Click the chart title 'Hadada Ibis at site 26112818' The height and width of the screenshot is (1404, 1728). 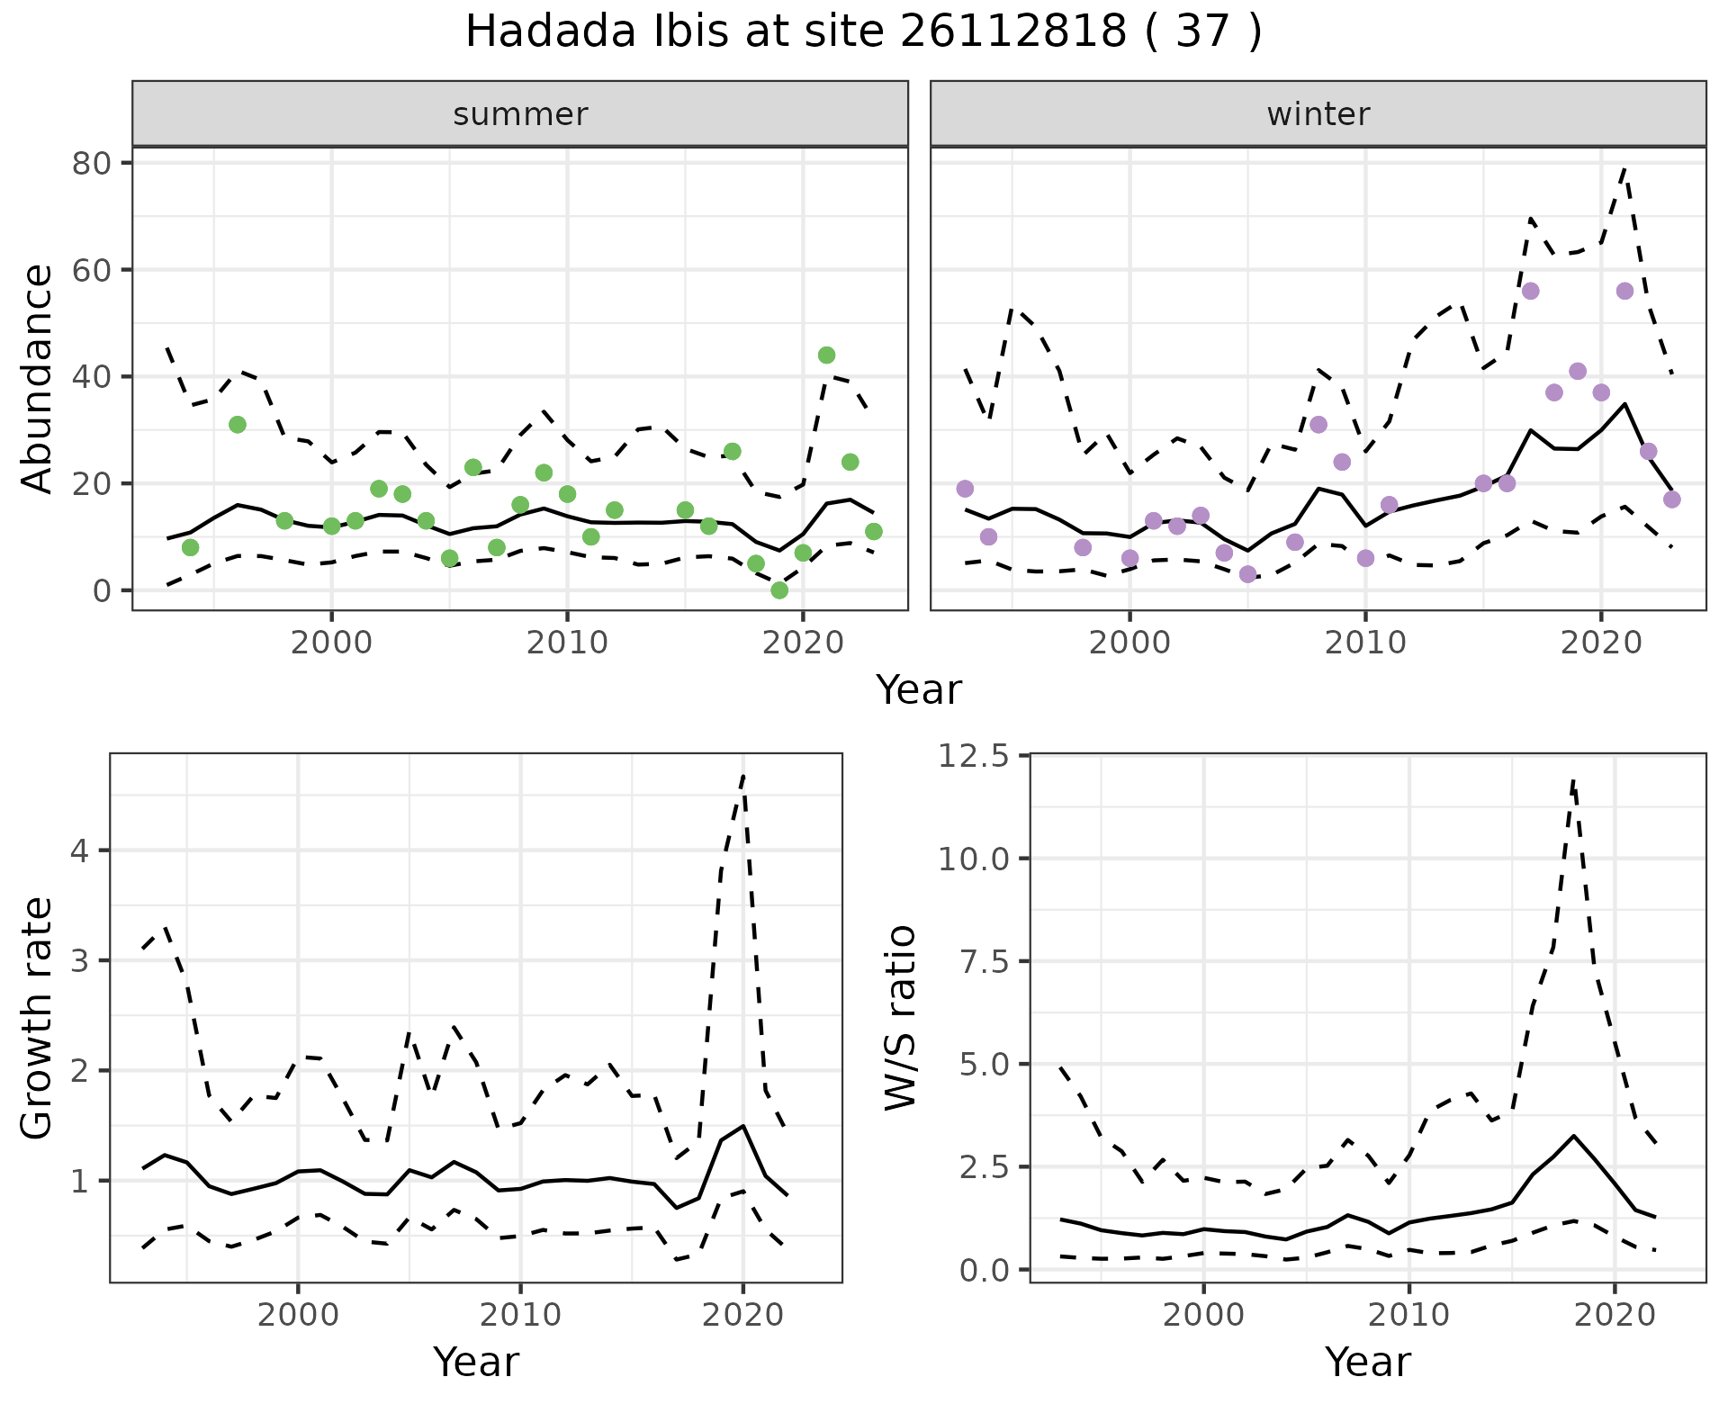click(x=862, y=32)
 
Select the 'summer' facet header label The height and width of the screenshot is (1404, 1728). click(x=520, y=114)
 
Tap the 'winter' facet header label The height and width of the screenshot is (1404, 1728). click(x=1318, y=114)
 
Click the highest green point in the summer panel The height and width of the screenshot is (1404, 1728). click(x=826, y=355)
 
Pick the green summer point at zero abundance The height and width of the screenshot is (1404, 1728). click(x=779, y=590)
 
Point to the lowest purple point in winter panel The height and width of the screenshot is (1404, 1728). click(x=1247, y=574)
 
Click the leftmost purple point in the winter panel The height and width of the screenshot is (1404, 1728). click(x=965, y=489)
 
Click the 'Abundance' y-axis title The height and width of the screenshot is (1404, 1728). click(x=38, y=378)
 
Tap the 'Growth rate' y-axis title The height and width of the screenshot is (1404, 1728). click(x=38, y=1018)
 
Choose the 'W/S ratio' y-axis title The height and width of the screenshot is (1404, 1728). click(x=900, y=1018)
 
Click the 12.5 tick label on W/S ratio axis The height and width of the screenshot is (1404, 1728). click(x=973, y=756)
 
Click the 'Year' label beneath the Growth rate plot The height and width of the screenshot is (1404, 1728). click(x=476, y=1362)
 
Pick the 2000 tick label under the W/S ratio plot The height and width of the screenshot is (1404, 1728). click(x=1203, y=1315)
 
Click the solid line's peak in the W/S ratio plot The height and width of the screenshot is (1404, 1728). click(x=1573, y=1136)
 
